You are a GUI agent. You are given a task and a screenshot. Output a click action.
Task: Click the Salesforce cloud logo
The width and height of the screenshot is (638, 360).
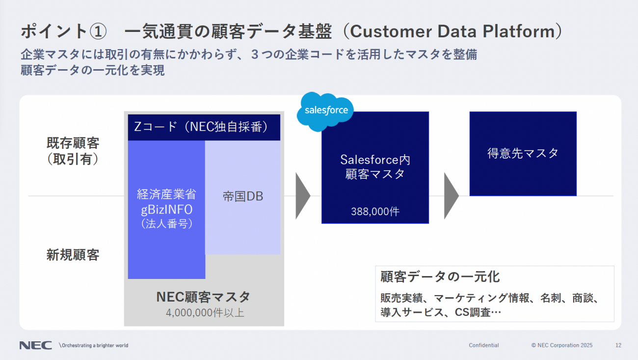pos(325,111)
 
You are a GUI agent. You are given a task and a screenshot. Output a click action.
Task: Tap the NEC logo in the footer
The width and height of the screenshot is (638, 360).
pos(36,345)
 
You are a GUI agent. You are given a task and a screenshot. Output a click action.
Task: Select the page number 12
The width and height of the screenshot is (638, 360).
pos(618,345)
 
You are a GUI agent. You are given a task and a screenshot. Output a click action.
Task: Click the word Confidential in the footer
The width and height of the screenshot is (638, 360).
pos(483,345)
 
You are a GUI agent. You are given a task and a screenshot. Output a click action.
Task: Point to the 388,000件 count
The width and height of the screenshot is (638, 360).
pos(375,212)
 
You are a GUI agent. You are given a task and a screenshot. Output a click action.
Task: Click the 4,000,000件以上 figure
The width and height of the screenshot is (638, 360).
pos(205,313)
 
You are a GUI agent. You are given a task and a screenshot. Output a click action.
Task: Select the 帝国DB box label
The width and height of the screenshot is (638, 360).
pos(242,196)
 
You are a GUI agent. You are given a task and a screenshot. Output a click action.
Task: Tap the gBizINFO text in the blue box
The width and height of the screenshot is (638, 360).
pos(167,210)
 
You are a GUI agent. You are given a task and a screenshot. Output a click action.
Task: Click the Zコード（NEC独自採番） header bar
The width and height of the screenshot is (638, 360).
pos(204,127)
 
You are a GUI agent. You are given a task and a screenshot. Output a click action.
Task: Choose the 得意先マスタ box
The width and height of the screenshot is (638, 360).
pos(523,154)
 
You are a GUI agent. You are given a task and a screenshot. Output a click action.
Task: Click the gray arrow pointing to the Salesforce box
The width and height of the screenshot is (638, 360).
pos(303,196)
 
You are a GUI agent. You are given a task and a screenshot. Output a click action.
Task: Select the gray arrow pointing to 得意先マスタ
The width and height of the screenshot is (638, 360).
pos(451,196)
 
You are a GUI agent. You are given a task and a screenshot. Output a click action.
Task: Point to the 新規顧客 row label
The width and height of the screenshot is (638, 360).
pos(73,254)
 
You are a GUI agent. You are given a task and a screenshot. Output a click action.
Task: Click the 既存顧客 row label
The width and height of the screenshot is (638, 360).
pos(73,143)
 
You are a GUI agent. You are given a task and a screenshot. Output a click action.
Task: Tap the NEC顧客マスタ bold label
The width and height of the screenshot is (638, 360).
pos(203,297)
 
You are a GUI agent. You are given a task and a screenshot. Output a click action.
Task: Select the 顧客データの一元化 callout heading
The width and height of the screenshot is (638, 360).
pos(440,277)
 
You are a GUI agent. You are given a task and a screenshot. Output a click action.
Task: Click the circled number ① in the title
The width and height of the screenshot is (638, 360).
pos(98,31)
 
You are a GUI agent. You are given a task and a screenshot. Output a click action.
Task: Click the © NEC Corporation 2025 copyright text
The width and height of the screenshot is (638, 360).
pos(561,345)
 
